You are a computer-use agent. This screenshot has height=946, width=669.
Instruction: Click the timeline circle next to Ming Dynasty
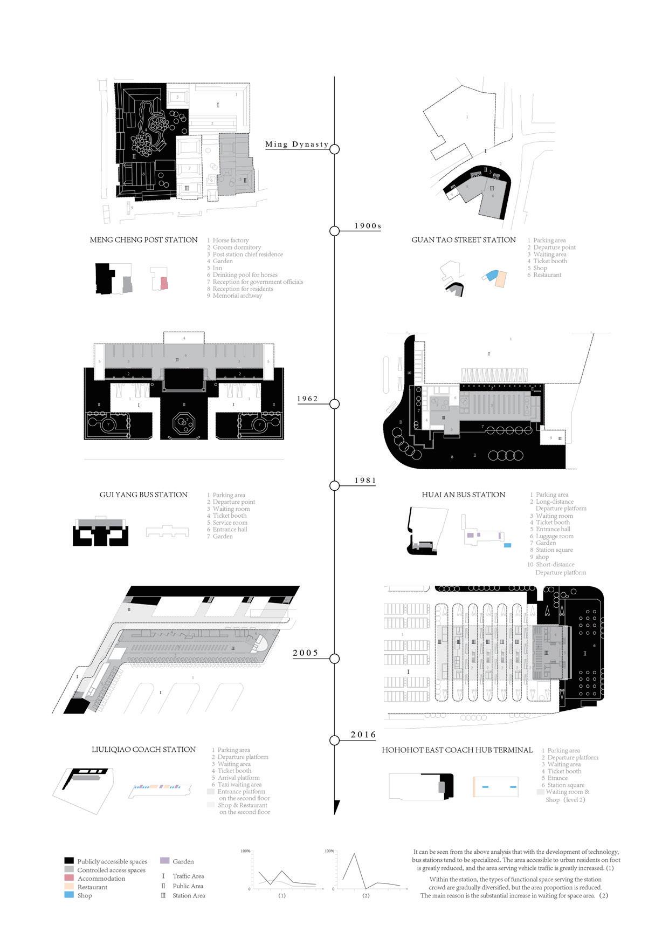point(334,149)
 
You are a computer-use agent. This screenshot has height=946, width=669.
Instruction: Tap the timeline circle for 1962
point(334,404)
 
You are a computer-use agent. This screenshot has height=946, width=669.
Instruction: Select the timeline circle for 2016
point(334,740)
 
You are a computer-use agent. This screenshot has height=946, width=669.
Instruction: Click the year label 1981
point(365,481)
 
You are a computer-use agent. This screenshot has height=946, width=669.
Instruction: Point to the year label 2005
point(306,653)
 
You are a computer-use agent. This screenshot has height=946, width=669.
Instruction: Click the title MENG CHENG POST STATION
point(143,240)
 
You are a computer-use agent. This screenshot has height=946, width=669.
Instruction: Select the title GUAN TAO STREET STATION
point(464,240)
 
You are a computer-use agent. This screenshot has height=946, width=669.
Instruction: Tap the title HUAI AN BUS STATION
point(464,495)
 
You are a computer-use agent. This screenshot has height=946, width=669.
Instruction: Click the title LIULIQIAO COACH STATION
point(143,750)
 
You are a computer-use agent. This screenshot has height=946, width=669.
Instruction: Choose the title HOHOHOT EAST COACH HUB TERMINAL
point(457,750)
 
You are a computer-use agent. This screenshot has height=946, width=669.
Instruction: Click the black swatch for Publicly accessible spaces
point(68,861)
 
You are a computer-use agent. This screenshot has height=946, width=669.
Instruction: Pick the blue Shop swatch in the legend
point(68,895)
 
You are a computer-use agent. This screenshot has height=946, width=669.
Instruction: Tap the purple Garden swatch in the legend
point(165,861)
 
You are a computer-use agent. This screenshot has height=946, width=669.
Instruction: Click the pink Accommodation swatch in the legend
point(68,878)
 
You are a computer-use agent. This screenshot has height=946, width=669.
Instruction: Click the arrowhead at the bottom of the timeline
point(336,806)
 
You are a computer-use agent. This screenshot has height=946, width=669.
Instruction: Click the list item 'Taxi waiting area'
point(239,785)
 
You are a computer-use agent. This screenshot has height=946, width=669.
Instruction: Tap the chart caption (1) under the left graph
point(281,895)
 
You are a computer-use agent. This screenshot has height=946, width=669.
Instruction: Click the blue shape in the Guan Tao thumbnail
point(491,275)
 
